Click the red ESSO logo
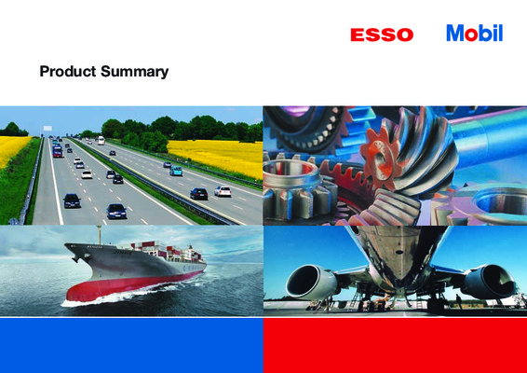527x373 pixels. (382, 35)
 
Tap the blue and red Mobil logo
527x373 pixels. (475, 33)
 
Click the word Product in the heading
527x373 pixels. (68, 72)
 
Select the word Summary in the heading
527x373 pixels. (134, 72)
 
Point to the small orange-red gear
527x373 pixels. (380, 158)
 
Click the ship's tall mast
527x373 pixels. (99, 235)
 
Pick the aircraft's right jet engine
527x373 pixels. (488, 282)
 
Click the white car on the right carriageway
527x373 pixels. (223, 191)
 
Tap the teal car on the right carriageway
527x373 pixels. (176, 171)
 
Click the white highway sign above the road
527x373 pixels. (47, 129)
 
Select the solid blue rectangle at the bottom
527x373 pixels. (131, 345)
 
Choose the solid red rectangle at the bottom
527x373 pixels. (395, 345)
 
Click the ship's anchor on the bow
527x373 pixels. (76, 259)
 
